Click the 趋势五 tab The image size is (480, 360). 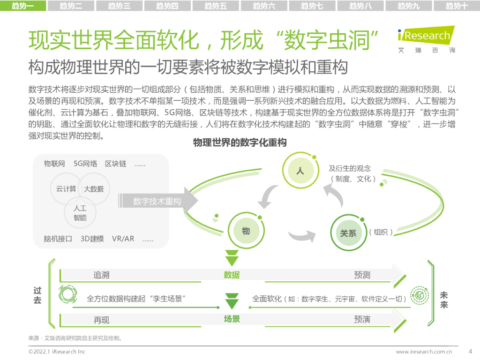point(216,6)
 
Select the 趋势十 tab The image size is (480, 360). point(457,6)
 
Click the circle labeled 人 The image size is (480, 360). point(300,171)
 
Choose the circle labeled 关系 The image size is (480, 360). point(348,233)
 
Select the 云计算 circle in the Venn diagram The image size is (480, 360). point(66,189)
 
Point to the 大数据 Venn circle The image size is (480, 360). point(94,189)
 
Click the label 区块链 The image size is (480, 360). point(115,164)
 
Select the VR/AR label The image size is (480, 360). point(123,239)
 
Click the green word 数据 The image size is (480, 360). point(232,275)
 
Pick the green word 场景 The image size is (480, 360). point(232,319)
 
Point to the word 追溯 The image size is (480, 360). point(101,275)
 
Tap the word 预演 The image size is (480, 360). point(362,319)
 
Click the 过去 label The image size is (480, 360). point(37,295)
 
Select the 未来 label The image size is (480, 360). point(444,300)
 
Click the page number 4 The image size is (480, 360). point(470,351)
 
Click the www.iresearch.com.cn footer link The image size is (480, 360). point(424,351)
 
